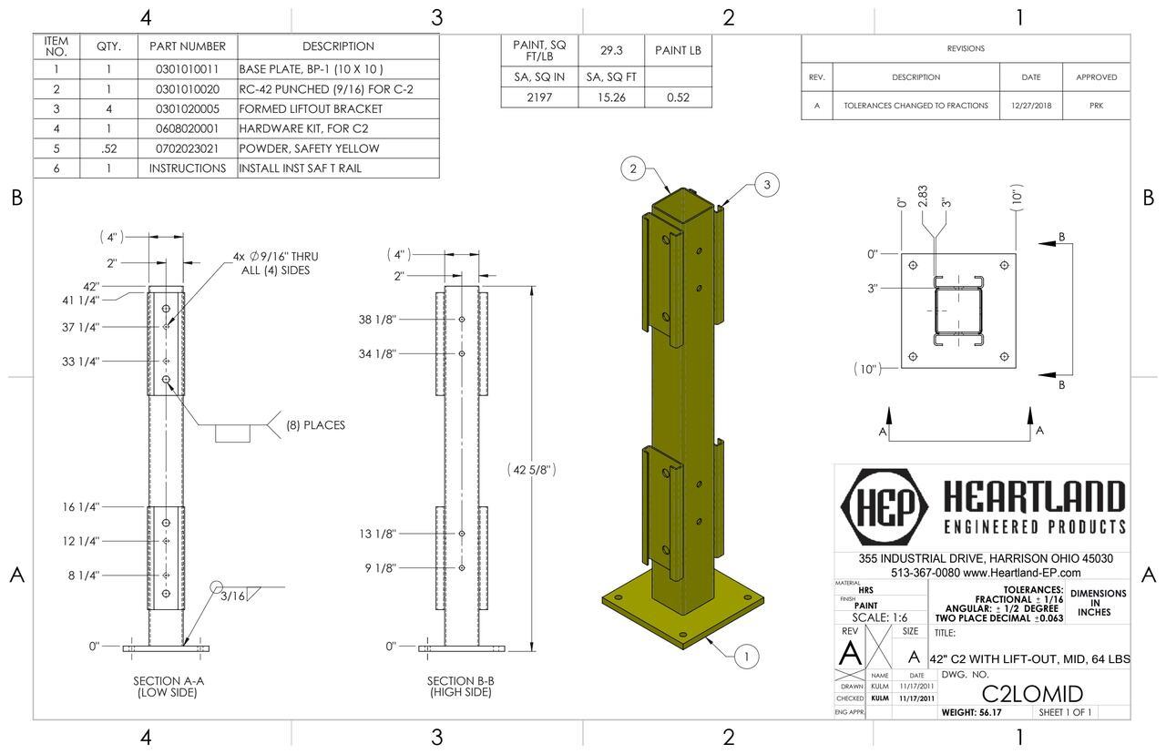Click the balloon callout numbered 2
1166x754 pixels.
[633, 168]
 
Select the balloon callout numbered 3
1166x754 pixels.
[767, 185]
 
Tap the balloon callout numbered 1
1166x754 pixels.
[746, 656]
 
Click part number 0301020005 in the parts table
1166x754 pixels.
[187, 108]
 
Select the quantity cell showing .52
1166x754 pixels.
[108, 148]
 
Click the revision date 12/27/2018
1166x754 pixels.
[1030, 106]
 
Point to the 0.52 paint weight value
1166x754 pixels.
[677, 97]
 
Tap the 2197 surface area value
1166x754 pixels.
[539, 97]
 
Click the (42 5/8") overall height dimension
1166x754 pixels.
[531, 470]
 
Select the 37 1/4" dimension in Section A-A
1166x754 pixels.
[80, 327]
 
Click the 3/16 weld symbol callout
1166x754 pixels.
[233, 596]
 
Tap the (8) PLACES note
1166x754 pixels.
[315, 425]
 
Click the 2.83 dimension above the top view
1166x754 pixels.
[922, 198]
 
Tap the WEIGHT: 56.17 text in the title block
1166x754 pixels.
[971, 712]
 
